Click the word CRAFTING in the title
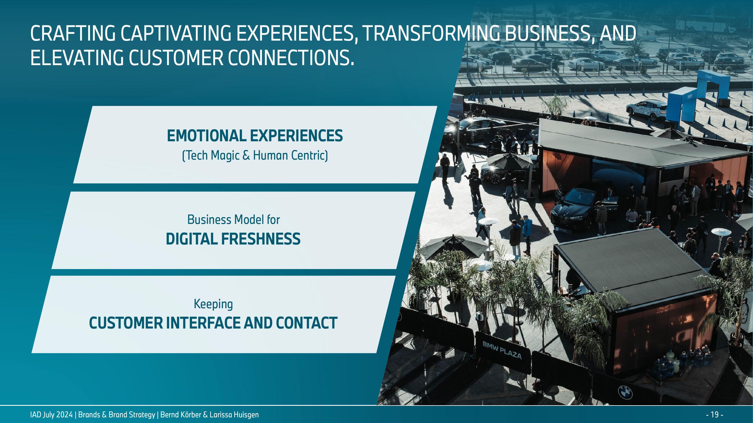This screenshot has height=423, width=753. [x=73, y=33]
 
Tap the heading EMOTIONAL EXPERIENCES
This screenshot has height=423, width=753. [x=255, y=136]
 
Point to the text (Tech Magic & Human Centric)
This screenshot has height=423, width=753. [x=255, y=155]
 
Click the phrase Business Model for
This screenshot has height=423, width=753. [x=233, y=220]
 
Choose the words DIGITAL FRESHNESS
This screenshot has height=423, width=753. [x=233, y=239]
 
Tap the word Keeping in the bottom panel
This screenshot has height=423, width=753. [x=213, y=305]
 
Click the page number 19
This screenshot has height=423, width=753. [x=714, y=415]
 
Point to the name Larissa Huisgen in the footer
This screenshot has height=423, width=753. [x=234, y=415]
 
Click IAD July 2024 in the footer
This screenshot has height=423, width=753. [x=51, y=415]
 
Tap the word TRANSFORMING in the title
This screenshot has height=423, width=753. [x=430, y=33]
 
